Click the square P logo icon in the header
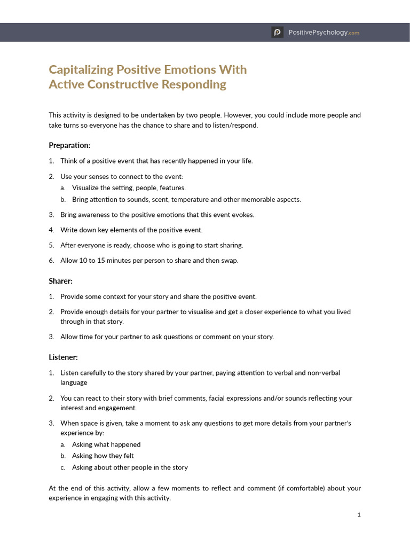277,33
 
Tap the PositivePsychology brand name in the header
318,33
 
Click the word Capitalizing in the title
81,70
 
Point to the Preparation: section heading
69,145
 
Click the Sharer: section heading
60,281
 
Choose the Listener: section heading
63,357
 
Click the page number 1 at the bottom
359,515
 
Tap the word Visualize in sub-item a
86,188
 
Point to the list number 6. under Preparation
52,261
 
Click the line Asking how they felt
102,456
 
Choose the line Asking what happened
106,444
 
